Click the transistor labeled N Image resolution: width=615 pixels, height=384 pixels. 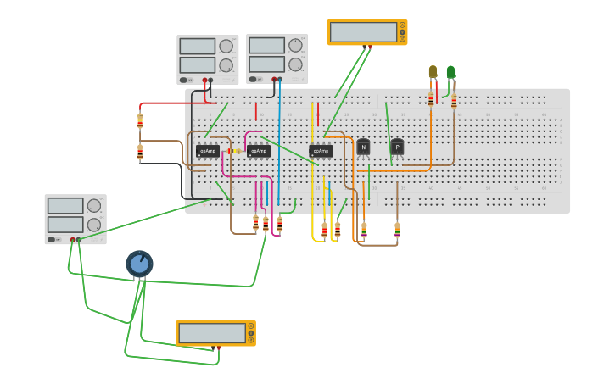point(363,147)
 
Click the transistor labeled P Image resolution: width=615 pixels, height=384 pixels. point(397,147)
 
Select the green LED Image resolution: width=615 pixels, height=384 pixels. point(450,73)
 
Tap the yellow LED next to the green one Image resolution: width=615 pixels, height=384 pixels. point(433,73)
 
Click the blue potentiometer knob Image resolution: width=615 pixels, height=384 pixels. point(139,264)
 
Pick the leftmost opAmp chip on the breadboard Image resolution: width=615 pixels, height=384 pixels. point(208,151)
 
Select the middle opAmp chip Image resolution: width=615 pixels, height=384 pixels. point(259,151)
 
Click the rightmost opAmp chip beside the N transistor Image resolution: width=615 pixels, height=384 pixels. point(321,151)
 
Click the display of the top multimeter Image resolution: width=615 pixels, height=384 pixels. point(363,32)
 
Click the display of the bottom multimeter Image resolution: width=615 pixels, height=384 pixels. point(212,333)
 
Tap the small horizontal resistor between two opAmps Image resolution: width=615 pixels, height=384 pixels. point(232,151)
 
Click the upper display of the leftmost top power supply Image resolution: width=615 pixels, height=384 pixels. point(198,46)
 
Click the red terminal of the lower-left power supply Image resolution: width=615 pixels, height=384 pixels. point(72,240)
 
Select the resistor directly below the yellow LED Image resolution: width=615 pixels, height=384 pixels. point(431,100)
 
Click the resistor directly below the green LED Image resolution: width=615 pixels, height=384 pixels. point(454,102)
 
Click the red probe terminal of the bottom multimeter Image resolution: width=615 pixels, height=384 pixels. point(218,348)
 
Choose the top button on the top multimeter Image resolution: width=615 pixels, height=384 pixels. point(402,25)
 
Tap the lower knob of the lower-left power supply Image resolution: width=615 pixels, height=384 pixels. point(94,225)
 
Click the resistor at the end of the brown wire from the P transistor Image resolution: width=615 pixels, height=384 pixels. point(397,229)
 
